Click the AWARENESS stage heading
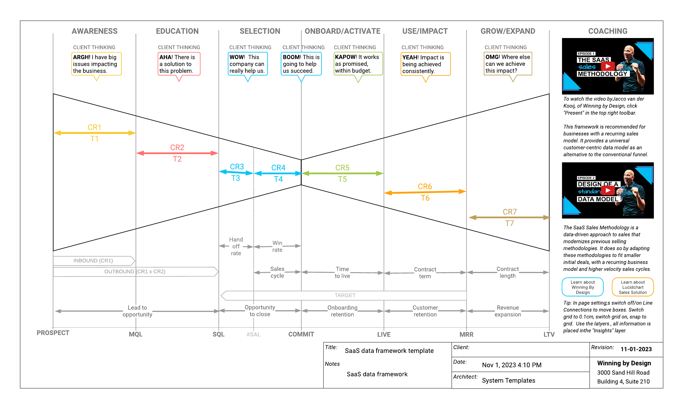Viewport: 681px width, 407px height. [x=94, y=31]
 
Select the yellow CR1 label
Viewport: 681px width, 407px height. [x=94, y=127]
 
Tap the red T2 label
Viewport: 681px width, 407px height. [x=177, y=159]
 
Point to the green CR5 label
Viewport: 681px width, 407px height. [x=342, y=168]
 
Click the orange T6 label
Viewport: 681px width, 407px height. [x=425, y=198]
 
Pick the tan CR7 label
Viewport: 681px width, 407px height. [x=510, y=212]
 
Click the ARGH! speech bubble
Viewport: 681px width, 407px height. [x=96, y=64]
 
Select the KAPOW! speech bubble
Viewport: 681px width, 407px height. [x=358, y=64]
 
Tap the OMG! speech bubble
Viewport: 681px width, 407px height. [x=508, y=64]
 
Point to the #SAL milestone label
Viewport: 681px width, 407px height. [x=253, y=335]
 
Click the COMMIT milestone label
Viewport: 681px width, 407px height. [x=301, y=334]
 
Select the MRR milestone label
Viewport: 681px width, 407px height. [x=466, y=335]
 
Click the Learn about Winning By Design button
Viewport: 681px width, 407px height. [x=583, y=287]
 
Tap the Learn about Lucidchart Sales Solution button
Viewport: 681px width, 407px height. [x=632, y=287]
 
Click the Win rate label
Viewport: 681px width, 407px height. [x=277, y=246]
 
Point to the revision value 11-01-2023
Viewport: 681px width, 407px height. [x=636, y=349]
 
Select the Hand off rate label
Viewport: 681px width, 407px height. [x=236, y=246]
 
